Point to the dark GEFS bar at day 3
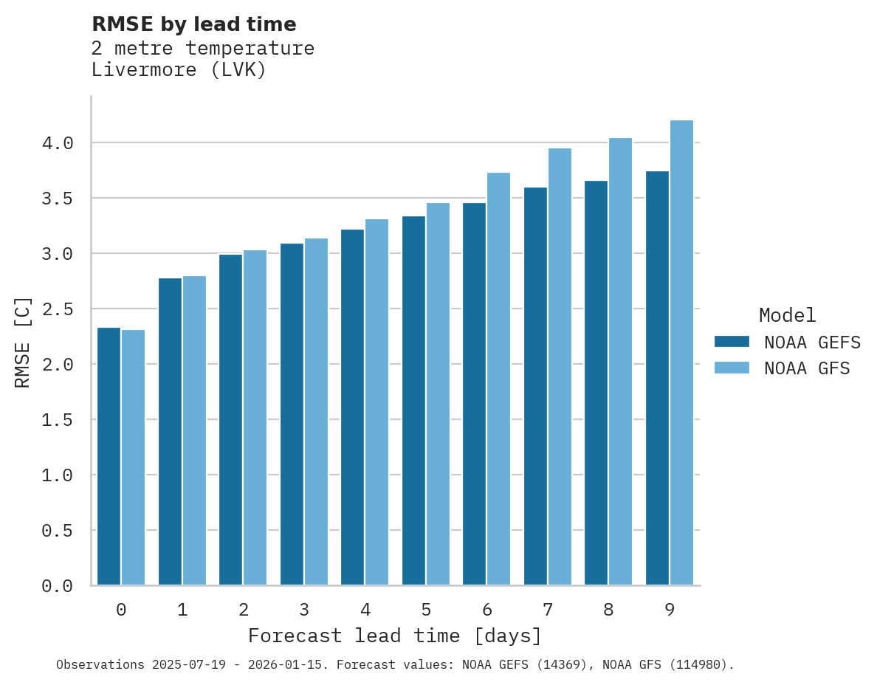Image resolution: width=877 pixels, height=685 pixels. point(292,414)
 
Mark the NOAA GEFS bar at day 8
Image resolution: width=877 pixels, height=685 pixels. point(596,383)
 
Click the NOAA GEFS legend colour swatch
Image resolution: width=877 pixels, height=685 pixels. point(732,342)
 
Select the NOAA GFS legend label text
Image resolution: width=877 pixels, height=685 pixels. point(807,368)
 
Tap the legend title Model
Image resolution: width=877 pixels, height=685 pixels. point(788,315)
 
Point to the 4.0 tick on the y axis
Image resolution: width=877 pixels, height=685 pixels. point(58,143)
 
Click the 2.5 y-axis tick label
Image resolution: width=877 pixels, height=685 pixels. point(58,309)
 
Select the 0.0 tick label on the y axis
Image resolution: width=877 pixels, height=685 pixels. point(58,586)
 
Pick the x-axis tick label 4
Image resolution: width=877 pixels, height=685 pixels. point(365,610)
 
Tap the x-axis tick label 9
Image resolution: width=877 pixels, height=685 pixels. point(670,610)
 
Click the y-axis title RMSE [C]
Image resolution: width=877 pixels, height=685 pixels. point(23,342)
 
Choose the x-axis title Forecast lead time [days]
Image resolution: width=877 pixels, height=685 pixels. point(395,636)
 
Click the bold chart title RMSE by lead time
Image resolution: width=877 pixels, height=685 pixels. point(194,24)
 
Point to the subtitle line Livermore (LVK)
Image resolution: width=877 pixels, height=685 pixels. point(179,71)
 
